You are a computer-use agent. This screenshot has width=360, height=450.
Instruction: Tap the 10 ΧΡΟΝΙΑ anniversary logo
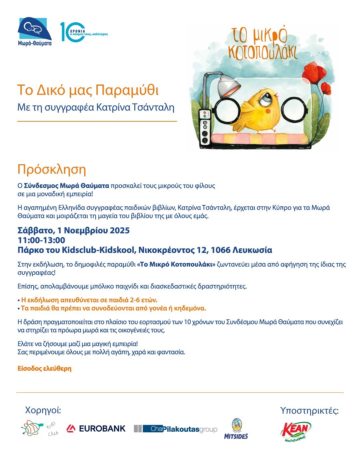(x=83, y=32)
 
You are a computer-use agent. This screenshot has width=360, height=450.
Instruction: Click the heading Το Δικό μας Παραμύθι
(x=88, y=90)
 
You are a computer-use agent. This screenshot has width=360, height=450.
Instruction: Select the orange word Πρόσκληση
(x=52, y=169)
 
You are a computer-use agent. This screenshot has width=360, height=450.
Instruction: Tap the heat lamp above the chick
(x=227, y=87)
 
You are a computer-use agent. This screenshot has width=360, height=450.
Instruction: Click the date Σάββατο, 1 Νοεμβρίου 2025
(x=73, y=230)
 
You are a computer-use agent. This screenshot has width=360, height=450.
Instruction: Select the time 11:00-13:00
(x=41, y=240)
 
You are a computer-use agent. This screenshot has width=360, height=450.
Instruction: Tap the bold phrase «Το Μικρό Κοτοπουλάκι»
(x=176, y=265)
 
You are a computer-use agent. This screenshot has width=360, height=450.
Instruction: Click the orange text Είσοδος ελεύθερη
(x=44, y=369)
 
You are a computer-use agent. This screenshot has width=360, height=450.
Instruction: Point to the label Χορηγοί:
(x=43, y=410)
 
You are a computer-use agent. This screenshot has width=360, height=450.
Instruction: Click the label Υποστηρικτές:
(x=309, y=411)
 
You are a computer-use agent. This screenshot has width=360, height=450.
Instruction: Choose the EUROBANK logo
(x=96, y=429)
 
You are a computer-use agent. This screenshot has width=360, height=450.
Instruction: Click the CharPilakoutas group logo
(x=175, y=429)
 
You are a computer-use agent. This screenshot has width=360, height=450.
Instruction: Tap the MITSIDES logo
(x=236, y=429)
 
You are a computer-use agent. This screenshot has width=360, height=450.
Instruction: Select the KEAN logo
(x=296, y=431)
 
